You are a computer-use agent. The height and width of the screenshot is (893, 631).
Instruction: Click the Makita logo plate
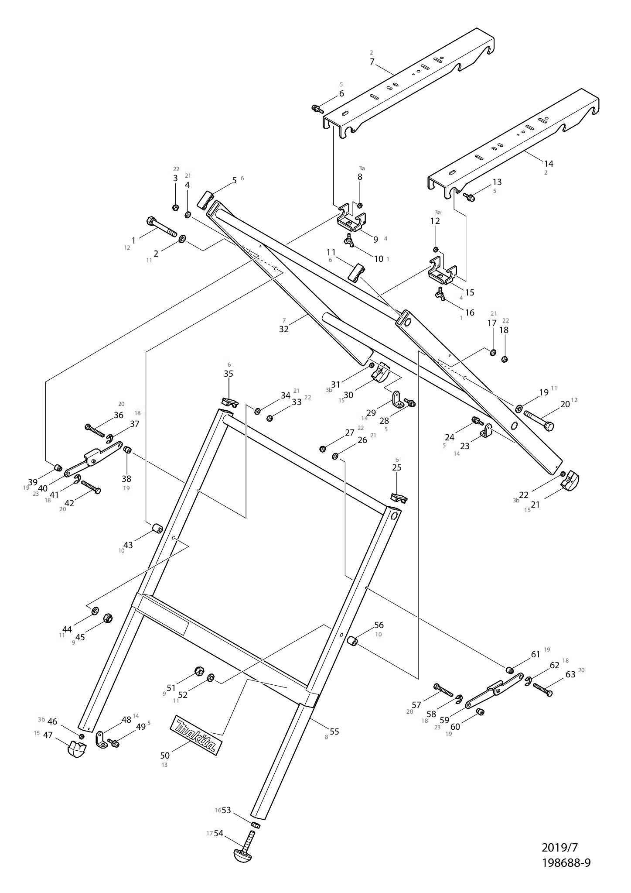195,735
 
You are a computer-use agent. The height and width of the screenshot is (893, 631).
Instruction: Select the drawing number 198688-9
566,863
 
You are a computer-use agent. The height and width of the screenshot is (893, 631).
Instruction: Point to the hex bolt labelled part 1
162,227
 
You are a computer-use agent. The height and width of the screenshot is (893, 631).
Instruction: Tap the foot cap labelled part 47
77,749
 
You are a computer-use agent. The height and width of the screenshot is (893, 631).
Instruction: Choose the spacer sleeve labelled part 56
352,641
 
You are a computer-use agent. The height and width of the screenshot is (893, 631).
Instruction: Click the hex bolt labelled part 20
539,420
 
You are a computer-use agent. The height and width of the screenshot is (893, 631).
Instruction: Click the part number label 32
284,329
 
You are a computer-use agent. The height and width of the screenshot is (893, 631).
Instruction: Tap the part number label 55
334,732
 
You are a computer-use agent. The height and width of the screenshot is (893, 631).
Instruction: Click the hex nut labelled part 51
198,671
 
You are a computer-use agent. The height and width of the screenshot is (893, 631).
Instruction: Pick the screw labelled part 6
317,108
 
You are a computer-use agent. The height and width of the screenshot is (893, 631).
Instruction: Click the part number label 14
549,163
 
